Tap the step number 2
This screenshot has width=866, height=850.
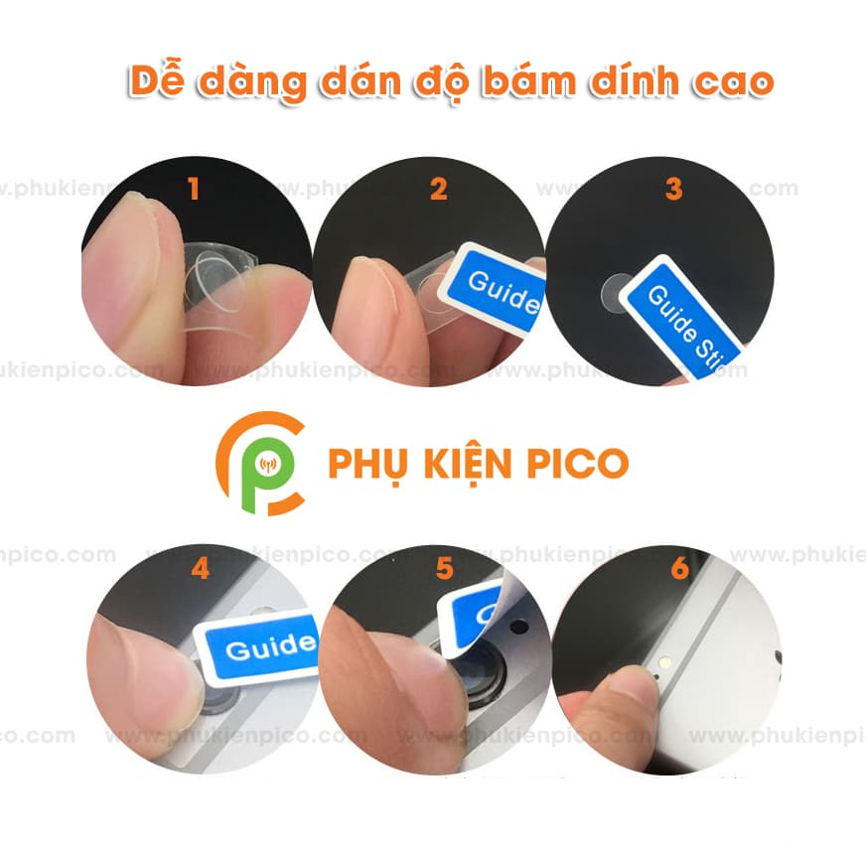pos(439,189)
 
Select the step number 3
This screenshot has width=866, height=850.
pos(673,189)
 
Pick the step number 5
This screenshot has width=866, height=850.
pos(444,569)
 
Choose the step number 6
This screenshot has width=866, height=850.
pos(679,569)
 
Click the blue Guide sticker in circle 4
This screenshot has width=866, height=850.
pos(260,646)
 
